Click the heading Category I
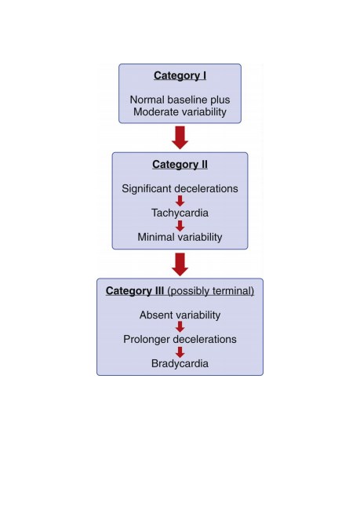click(x=180, y=76)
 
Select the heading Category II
click(x=180, y=165)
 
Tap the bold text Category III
click(x=135, y=290)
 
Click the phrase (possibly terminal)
click(x=211, y=291)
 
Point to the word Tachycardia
click(x=180, y=213)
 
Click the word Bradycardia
click(x=180, y=363)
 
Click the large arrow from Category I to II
click(x=180, y=137)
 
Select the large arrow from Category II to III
click(x=180, y=264)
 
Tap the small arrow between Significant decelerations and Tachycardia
click(x=180, y=201)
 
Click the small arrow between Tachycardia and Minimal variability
click(x=180, y=225)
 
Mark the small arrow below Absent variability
click(x=180, y=327)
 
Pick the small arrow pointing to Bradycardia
click(x=180, y=352)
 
